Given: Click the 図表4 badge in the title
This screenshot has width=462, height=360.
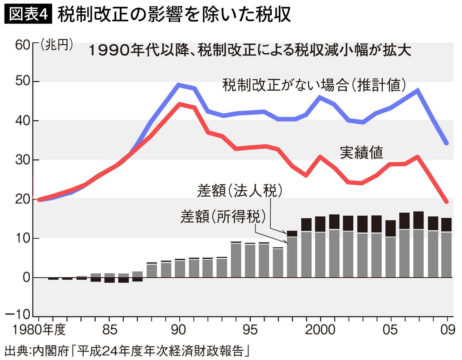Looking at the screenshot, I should (28, 14).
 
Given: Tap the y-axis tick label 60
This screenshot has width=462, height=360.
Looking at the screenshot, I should (23, 45).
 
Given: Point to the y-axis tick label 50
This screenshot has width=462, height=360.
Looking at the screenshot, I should (23, 81).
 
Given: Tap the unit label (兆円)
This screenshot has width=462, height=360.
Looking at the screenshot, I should (57, 45).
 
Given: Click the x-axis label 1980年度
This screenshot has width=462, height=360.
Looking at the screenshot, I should (39, 330).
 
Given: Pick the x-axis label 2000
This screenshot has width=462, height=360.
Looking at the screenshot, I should (320, 330).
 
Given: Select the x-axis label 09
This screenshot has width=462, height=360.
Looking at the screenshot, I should (448, 330).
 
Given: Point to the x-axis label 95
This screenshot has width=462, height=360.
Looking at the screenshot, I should (250, 330).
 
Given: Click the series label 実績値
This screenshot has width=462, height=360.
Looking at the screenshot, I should (361, 152).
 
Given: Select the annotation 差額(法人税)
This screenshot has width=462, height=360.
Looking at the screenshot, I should (240, 190).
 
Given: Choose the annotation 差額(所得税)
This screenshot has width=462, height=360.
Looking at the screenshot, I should (223, 216).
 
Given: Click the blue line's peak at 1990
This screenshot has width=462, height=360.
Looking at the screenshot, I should (179, 84).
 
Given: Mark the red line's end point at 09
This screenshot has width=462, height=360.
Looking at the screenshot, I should (446, 202).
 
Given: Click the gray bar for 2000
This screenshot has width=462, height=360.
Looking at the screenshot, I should (320, 255).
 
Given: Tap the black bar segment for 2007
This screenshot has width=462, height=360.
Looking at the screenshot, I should (418, 220).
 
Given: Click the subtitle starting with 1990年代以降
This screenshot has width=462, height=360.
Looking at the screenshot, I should (250, 51).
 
